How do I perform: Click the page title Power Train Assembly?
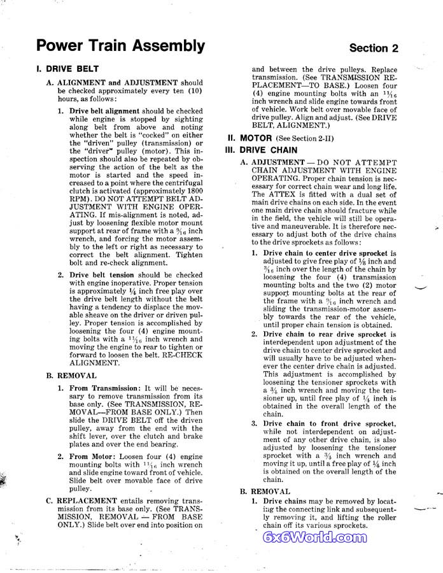point(120,46)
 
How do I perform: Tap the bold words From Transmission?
point(104,388)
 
